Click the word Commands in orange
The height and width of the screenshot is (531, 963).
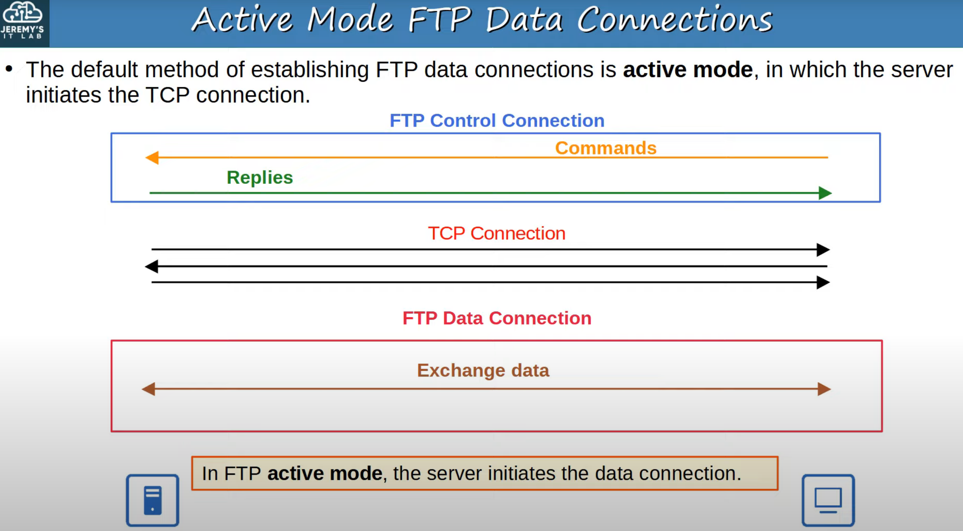point(606,148)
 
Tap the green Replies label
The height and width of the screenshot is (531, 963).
point(260,178)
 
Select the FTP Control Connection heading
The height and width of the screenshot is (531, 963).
point(497,121)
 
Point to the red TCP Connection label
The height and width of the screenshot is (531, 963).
point(496,234)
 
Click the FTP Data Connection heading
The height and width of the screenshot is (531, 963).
point(497,318)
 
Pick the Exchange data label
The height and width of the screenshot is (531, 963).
point(483,370)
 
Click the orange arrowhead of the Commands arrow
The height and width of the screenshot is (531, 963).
point(152,157)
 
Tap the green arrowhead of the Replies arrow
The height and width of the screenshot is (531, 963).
point(825,193)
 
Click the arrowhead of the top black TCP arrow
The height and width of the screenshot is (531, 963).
point(823,250)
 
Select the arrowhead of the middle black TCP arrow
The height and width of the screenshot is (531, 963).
point(151,266)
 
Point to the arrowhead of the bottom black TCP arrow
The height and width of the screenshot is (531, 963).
point(823,282)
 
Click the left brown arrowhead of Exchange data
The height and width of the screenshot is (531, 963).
point(148,389)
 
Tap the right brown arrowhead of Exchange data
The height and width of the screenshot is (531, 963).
point(824,389)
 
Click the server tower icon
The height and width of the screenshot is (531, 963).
point(153,500)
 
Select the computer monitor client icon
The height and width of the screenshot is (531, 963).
point(828,500)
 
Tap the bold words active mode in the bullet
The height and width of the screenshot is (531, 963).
point(688,70)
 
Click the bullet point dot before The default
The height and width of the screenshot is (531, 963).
point(9,69)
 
